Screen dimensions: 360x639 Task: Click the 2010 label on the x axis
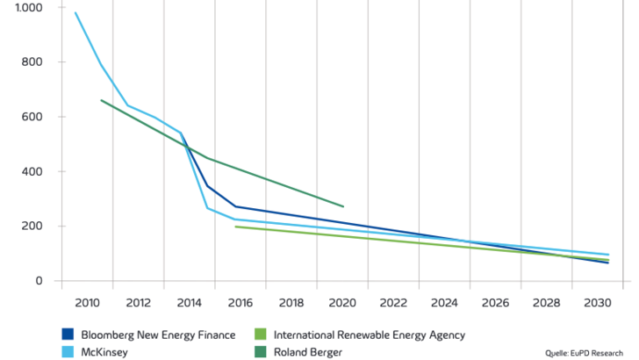[88, 303]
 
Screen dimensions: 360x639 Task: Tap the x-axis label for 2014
[190, 303]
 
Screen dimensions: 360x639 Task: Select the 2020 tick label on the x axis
[342, 303]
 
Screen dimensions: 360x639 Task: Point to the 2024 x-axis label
[445, 303]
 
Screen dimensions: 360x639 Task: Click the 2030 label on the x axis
[597, 303]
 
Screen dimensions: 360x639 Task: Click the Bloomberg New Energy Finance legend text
[158, 335]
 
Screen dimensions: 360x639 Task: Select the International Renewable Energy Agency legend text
[370, 335]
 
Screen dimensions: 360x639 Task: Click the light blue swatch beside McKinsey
[67, 351]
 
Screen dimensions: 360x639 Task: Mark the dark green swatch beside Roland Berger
[260, 351]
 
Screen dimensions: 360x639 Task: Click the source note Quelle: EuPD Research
[585, 353]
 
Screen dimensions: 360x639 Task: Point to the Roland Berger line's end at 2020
[343, 206]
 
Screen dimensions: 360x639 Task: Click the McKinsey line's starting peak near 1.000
[75, 13]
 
